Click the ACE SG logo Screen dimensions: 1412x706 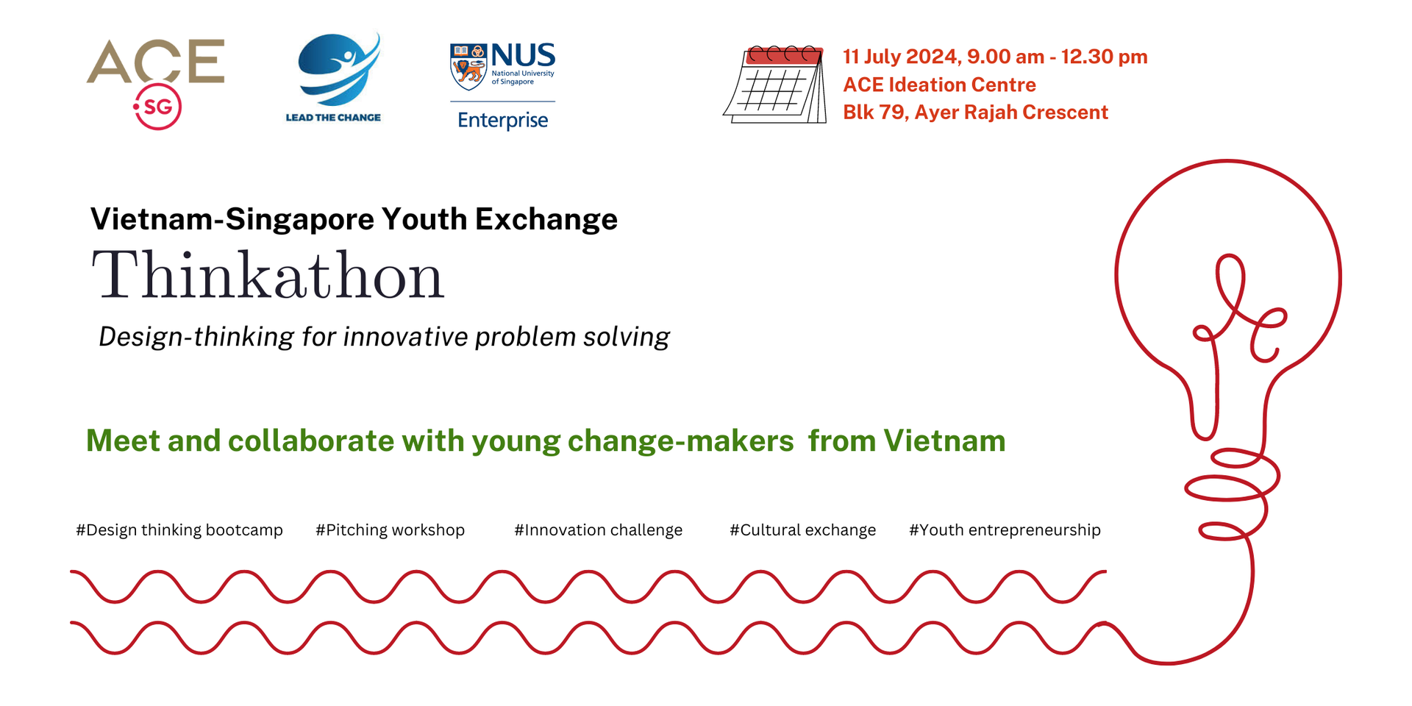click(x=156, y=83)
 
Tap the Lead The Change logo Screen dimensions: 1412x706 click(x=335, y=77)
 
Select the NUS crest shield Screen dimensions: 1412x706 click(x=468, y=66)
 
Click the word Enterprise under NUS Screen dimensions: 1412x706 click(x=503, y=120)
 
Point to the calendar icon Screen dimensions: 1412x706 click(x=776, y=85)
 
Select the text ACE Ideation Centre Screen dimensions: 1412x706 click(x=939, y=85)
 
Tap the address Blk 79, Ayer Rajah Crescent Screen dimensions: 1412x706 click(x=975, y=113)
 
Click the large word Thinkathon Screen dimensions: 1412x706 click(x=268, y=275)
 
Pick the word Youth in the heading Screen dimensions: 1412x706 click(x=424, y=219)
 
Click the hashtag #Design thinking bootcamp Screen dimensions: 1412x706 click(x=179, y=530)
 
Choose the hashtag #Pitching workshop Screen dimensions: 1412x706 click(x=390, y=530)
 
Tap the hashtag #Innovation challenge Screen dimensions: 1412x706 click(x=599, y=530)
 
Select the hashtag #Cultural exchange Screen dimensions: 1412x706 click(x=802, y=530)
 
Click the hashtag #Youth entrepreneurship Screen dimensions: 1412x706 click(x=1005, y=530)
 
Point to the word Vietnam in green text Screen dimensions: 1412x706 click(x=944, y=441)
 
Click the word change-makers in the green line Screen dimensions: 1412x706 click(x=681, y=441)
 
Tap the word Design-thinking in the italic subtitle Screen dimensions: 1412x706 click(x=196, y=337)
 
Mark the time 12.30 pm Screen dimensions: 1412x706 click(x=1104, y=57)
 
